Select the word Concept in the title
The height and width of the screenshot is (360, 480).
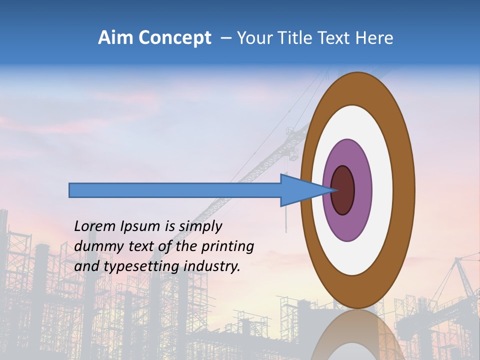(174, 38)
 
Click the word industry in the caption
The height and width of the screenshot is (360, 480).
(212, 266)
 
